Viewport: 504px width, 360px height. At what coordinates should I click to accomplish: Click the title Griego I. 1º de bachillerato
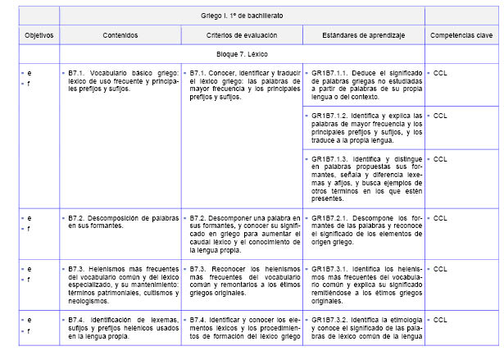242,16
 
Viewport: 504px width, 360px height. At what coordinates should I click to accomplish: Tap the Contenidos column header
120,36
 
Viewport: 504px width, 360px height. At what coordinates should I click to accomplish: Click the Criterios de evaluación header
242,36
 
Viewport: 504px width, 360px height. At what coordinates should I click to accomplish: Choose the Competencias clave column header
461,36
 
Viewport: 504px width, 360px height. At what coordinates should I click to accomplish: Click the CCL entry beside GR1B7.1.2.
440,116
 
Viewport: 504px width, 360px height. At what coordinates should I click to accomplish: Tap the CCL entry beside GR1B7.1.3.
440,158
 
